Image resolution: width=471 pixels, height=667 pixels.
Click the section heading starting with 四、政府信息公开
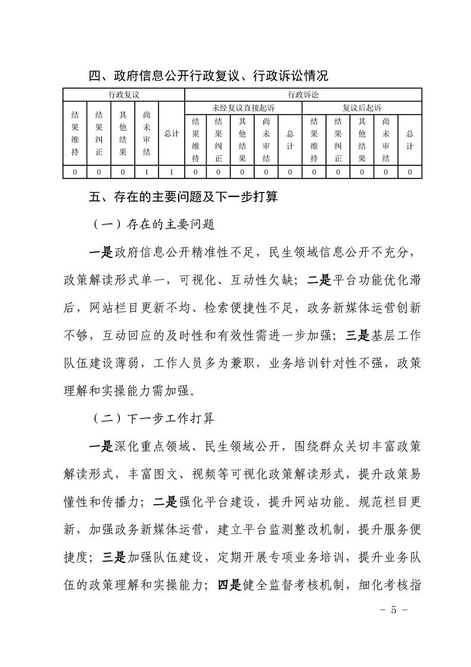coord(208,76)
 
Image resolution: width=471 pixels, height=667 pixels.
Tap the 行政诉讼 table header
coord(303,95)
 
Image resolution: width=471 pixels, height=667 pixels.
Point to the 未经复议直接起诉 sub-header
coord(243,108)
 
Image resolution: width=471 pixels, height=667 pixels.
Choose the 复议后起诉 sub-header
coord(362,108)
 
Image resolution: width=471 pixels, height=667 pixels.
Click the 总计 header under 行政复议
coord(171,134)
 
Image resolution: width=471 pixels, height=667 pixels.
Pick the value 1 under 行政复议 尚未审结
coord(147,172)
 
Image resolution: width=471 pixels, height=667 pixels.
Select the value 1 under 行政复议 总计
coord(171,172)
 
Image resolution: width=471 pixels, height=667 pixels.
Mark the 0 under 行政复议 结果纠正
coord(99,172)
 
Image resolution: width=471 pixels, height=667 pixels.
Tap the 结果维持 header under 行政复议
coord(75,134)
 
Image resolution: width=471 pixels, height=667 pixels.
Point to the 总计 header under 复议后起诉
coord(410,140)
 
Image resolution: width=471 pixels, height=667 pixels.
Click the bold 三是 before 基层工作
coord(356,335)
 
